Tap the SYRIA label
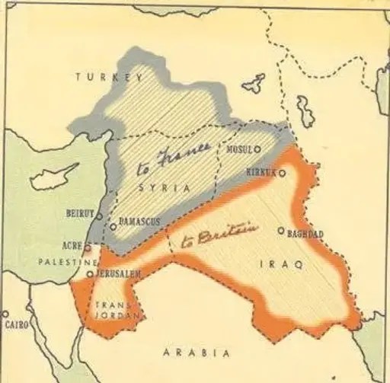pos(161,188)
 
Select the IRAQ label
pos(281,263)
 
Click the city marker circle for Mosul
pos(257,149)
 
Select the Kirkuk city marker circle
pos(283,174)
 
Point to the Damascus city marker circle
pos(113,225)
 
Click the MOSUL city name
pos(238,149)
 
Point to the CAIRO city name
pos(18,324)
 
